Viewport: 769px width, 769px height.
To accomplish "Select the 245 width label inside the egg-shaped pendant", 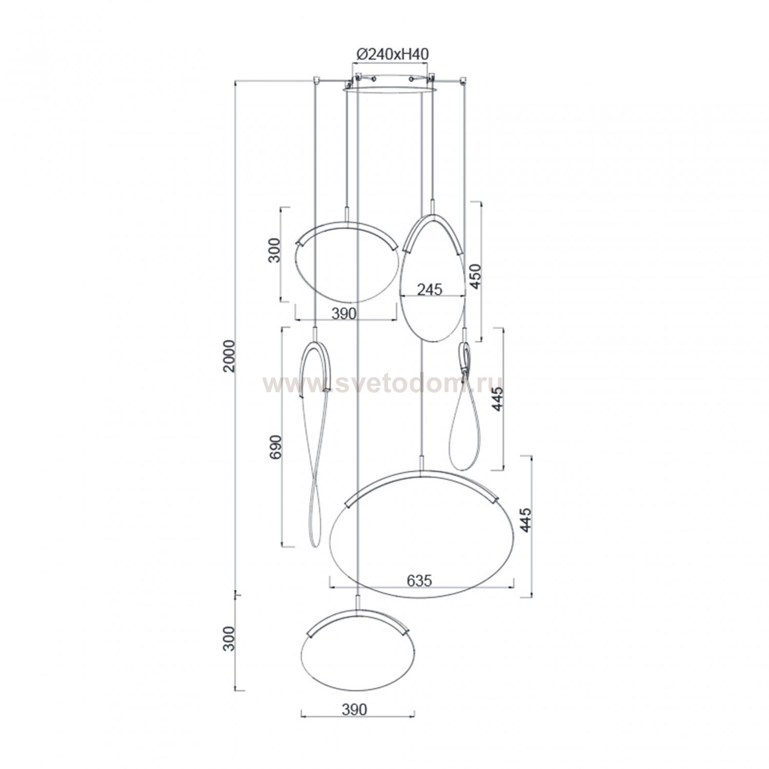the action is click(x=429, y=290).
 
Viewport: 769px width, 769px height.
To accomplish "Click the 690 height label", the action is click(x=276, y=448).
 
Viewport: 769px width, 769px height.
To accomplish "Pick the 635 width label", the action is click(x=420, y=580).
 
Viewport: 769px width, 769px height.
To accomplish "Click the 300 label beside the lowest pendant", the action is click(x=229, y=638).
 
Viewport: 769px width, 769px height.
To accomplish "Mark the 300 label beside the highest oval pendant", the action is click(x=275, y=250).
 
